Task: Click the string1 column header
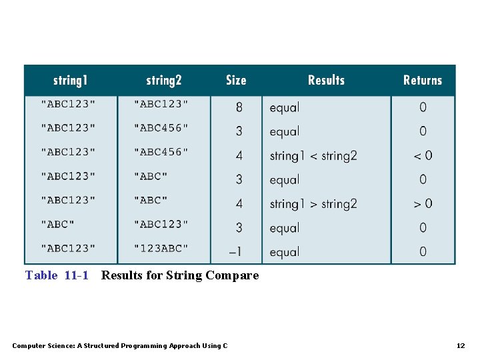(x=70, y=81)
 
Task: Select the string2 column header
(x=163, y=81)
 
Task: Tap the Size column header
(x=236, y=81)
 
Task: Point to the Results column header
(x=326, y=80)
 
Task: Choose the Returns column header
(x=423, y=80)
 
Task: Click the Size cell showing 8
(x=239, y=107)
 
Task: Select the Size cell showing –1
(x=236, y=252)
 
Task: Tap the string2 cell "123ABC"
(x=161, y=248)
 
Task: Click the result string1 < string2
(x=313, y=156)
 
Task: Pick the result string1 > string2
(x=313, y=204)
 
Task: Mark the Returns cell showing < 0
(x=423, y=155)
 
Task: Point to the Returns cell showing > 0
(x=423, y=203)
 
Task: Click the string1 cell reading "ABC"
(x=58, y=224)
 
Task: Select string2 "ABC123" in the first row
(x=161, y=103)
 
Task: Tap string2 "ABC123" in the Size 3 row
(x=161, y=224)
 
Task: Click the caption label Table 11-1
(x=57, y=275)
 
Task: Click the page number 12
(x=460, y=345)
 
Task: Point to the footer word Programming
(x=147, y=345)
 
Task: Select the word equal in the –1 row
(x=285, y=252)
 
